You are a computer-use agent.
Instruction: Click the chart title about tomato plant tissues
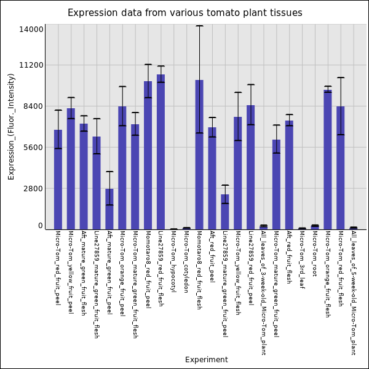[184, 13]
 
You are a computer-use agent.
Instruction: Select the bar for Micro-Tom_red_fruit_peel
[58, 179]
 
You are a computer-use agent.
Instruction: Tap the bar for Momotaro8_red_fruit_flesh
[199, 154]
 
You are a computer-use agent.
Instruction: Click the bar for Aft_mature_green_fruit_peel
[109, 208]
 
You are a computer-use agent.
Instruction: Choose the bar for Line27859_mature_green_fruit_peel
[225, 212]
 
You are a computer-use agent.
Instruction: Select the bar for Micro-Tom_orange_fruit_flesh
[328, 159]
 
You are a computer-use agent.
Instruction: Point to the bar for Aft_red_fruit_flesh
[289, 175]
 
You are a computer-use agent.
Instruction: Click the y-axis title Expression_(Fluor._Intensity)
[11, 126]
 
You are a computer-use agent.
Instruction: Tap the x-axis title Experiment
[206, 360]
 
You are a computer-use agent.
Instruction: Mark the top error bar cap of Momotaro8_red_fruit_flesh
[199, 26]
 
